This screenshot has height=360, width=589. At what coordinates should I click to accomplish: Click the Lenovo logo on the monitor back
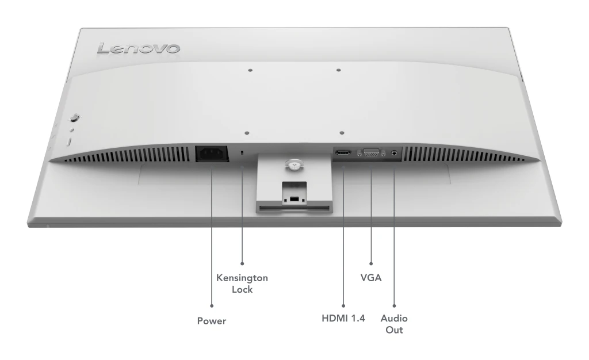point(138,48)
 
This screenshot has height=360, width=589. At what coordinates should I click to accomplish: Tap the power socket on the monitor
point(212,154)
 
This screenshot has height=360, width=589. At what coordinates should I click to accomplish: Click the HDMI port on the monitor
point(343,153)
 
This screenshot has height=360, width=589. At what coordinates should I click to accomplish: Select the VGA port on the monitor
point(371,153)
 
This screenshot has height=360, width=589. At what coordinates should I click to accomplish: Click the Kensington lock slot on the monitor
point(242,153)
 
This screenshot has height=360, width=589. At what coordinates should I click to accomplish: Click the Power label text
point(212,321)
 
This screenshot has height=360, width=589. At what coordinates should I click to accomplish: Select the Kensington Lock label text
point(242,284)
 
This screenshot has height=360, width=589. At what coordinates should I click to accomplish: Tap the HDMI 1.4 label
point(343,319)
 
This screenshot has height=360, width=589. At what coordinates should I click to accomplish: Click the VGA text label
point(371,278)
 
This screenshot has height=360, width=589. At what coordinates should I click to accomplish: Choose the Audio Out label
point(394,324)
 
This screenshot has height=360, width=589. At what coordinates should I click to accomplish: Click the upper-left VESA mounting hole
point(250,70)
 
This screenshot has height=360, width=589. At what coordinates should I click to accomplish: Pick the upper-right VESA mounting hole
point(338,70)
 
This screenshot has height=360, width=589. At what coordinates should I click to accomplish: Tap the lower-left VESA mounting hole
point(247,133)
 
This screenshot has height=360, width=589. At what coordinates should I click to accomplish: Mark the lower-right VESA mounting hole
point(342,133)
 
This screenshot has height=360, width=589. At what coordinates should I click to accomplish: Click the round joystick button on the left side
point(74,117)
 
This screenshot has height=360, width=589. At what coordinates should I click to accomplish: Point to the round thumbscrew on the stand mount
point(293,163)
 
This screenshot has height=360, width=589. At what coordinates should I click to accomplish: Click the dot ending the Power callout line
point(212,306)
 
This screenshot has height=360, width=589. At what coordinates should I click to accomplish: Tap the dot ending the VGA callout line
point(371,263)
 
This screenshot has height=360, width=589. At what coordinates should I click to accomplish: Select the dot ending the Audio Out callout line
point(394,306)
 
